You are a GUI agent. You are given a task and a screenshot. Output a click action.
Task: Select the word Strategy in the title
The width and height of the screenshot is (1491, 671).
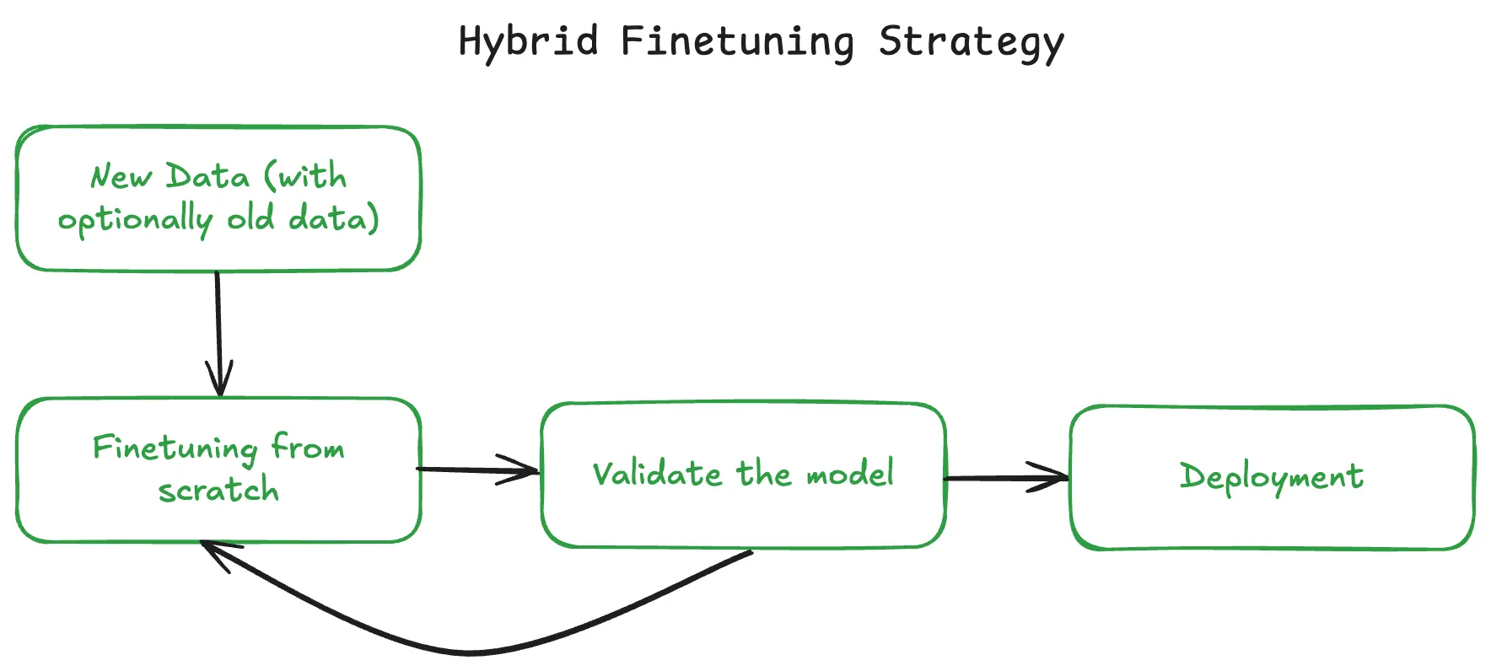click(971, 42)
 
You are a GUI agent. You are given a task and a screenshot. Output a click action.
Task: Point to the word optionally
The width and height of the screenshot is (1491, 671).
click(135, 220)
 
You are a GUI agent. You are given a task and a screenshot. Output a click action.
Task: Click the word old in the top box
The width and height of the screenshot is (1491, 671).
click(250, 218)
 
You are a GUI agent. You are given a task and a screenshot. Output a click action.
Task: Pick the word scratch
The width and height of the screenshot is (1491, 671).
click(218, 490)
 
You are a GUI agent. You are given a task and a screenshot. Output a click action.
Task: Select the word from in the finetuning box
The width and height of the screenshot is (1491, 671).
click(308, 446)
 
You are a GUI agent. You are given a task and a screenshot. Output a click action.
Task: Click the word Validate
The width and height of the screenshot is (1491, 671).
click(657, 475)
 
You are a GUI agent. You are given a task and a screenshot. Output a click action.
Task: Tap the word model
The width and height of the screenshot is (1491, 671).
click(850, 475)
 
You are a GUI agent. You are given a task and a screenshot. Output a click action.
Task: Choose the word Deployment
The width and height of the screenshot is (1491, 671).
click(1271, 477)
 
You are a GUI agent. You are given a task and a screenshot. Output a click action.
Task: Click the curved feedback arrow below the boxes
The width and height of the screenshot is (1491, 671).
click(472, 652)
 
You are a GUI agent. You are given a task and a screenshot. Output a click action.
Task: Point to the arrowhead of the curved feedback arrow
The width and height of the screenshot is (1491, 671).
click(211, 550)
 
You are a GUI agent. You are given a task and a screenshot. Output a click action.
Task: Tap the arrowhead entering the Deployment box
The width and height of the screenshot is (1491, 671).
click(1055, 477)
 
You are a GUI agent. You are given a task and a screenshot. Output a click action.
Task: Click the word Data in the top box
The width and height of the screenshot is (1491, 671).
click(207, 177)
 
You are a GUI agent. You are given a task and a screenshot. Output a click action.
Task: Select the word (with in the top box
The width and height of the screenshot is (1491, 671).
click(305, 176)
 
